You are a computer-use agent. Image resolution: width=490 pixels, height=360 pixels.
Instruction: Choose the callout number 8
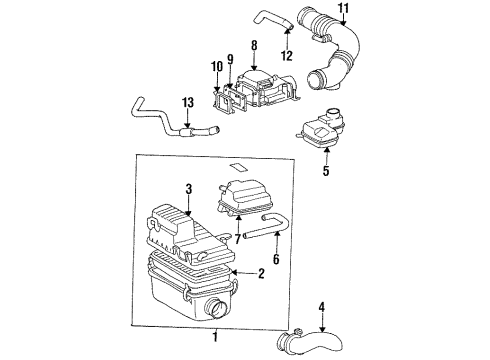point(254,45)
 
